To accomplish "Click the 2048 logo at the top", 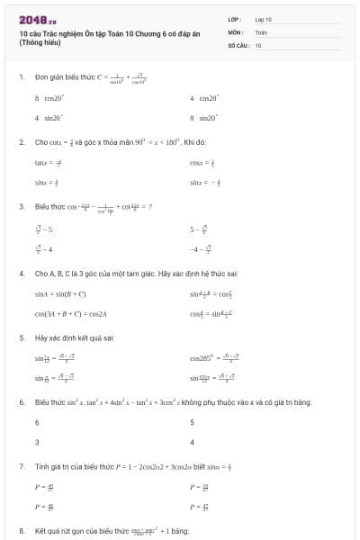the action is [38, 19].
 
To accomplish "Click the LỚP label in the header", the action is [235, 18].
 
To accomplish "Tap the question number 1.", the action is [21, 78].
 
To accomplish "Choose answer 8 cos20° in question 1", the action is [49, 98].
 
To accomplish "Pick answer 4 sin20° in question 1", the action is [49, 118].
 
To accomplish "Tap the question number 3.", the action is [21, 207].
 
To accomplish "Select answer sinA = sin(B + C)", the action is [60, 293].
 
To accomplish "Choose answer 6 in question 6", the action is [37, 422].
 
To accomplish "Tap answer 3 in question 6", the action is [37, 442].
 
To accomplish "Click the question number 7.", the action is [21, 466].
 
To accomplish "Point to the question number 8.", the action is [21, 531].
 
